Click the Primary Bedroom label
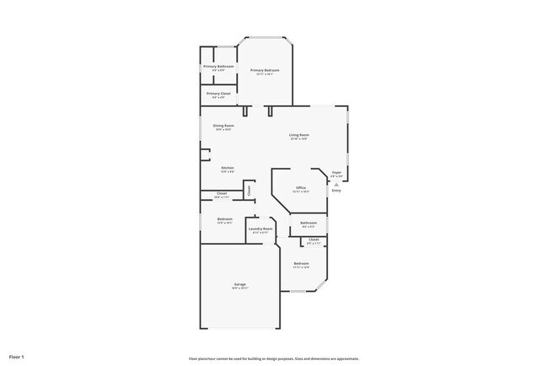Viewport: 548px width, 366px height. [x=265, y=70]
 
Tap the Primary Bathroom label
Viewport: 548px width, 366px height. [x=218, y=67]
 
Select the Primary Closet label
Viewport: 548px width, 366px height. [x=218, y=94]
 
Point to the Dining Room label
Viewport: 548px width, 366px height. [x=223, y=126]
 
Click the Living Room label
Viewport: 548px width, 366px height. [x=299, y=135]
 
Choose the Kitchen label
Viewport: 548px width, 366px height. [x=228, y=168]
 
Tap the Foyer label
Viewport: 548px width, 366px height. [x=336, y=173]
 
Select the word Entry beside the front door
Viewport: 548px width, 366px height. [x=336, y=191]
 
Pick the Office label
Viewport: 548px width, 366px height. [x=300, y=188]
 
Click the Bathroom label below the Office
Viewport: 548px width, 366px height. [x=309, y=223]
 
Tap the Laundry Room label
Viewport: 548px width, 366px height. [x=261, y=229]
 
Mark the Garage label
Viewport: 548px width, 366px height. [x=240, y=284]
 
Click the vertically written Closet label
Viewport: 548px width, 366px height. [x=250, y=191]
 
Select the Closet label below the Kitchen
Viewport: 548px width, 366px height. [x=222, y=193]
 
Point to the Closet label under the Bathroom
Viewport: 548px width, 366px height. [x=314, y=240]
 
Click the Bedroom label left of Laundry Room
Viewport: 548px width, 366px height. [x=224, y=219]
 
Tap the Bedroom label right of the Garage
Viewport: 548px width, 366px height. [x=301, y=264]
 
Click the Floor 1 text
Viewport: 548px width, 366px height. [x=17, y=358]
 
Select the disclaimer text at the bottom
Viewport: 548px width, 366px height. [x=274, y=358]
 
